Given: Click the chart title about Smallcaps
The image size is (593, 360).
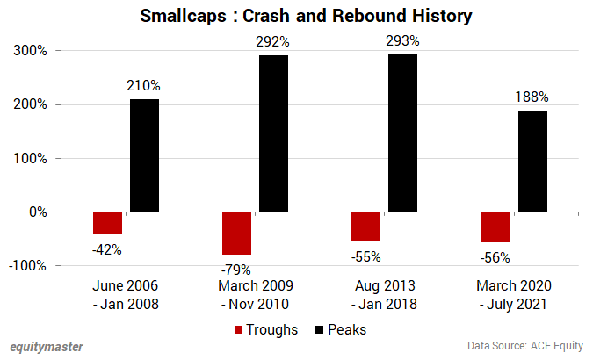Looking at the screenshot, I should (296, 17).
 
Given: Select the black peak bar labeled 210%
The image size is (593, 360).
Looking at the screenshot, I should (144, 155).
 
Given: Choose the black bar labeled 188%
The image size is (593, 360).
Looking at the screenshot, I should (532, 162).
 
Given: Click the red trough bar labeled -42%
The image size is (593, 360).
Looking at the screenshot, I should (108, 223).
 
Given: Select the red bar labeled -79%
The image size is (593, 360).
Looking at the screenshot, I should (237, 233).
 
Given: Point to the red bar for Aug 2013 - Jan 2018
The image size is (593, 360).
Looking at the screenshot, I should (366, 227).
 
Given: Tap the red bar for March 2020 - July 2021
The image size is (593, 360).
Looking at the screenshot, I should (495, 227).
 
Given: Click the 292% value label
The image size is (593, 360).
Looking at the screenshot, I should (273, 40).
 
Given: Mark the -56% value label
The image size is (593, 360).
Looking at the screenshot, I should (495, 257).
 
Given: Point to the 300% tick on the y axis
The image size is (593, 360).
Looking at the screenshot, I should (31, 51).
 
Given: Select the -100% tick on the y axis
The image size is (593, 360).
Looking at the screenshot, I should (29, 265).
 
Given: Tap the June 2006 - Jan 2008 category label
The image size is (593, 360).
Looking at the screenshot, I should (126, 295).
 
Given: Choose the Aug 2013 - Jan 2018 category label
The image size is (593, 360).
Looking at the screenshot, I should (384, 295).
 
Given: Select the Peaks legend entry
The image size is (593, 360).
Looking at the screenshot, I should (339, 330).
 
